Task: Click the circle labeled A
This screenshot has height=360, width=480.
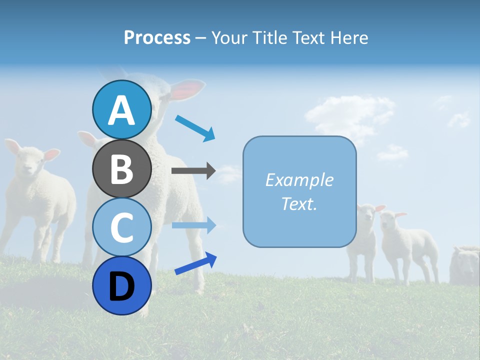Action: click(x=121, y=110)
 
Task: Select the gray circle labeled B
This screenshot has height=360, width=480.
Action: click(x=121, y=168)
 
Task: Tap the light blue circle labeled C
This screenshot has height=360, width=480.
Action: click(x=121, y=227)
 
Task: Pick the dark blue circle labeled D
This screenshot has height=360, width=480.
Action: click(x=121, y=285)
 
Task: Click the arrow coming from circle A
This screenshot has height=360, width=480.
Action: click(x=195, y=127)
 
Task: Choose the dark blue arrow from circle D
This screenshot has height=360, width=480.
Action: click(x=195, y=264)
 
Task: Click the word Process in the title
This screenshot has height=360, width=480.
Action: click(x=157, y=38)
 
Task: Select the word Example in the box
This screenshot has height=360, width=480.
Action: click(x=299, y=180)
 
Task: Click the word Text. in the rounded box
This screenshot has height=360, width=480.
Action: click(x=299, y=203)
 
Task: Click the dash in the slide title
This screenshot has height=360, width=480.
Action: click(x=200, y=38)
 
